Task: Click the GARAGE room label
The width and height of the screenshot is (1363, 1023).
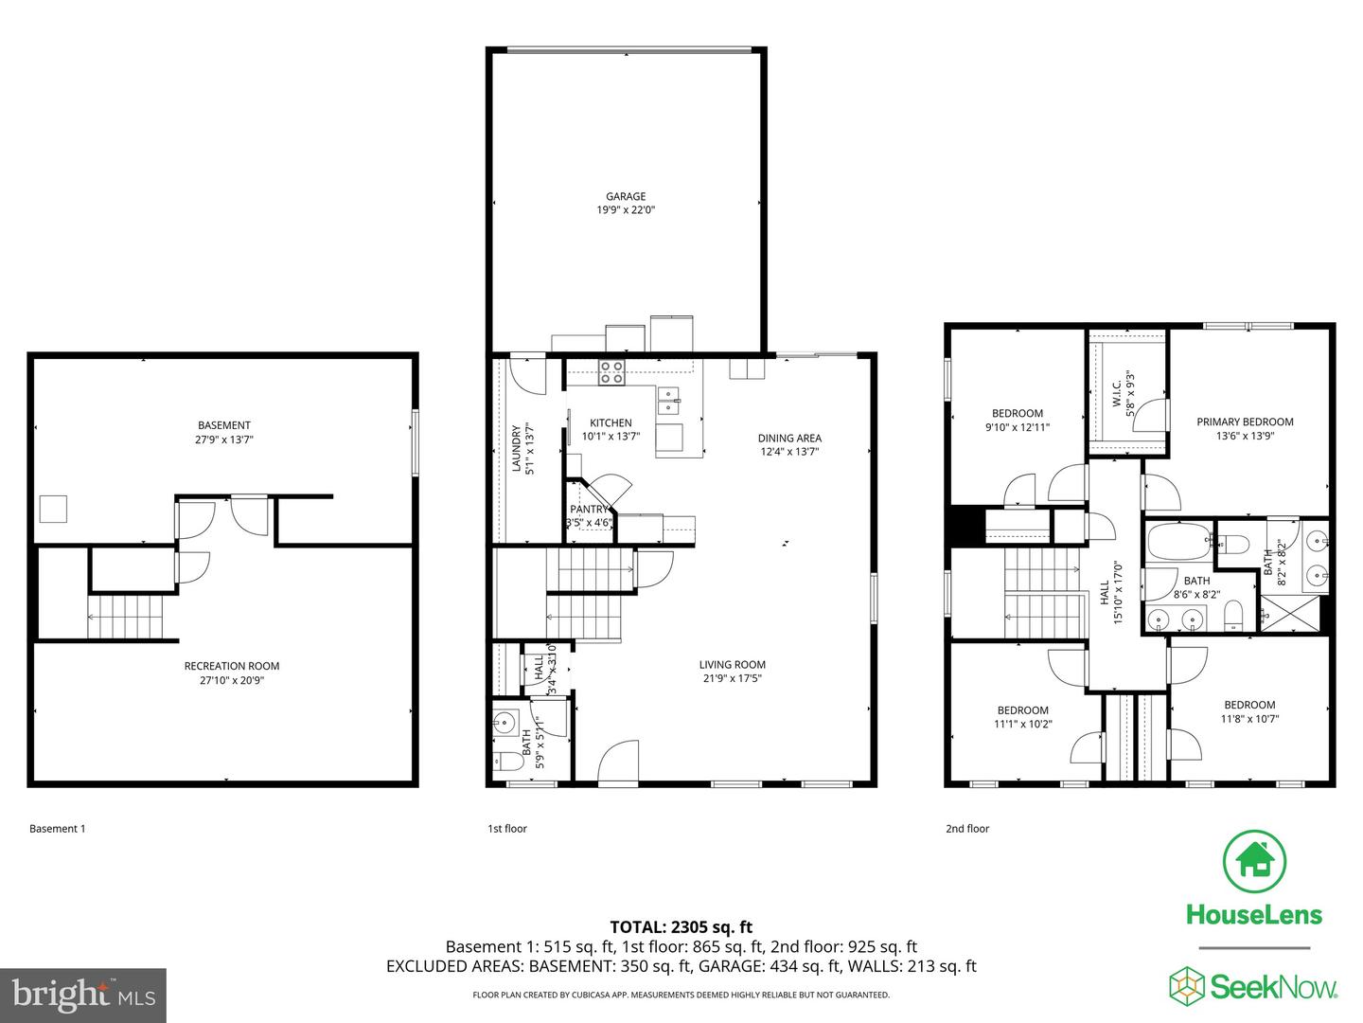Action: point(626,197)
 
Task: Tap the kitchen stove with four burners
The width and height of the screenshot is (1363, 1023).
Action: point(611,372)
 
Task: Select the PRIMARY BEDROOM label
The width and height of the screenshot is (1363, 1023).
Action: point(1245,422)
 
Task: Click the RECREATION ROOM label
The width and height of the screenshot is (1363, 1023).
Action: point(232,666)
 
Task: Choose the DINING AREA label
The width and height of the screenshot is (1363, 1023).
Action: point(789,439)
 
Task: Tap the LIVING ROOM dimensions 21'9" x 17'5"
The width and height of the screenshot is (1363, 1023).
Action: point(732,678)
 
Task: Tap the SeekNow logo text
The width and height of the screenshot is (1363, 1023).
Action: point(1274,987)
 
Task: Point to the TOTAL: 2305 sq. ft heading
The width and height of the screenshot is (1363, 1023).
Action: point(681,927)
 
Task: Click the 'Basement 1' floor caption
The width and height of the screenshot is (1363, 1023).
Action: point(57,829)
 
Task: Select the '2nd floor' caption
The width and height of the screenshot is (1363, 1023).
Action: point(966,829)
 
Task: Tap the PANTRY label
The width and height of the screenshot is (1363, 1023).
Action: point(588,510)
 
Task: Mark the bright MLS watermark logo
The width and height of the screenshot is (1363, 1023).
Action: point(82,995)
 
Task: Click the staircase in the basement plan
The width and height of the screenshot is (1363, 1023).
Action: point(126,617)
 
